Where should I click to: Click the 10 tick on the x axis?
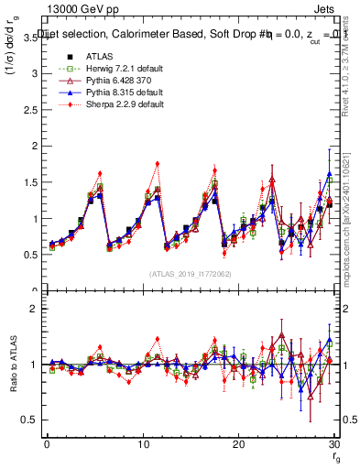tap(142, 444)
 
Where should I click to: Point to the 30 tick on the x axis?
tap(333, 444)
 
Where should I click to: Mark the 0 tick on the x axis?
tap(47, 444)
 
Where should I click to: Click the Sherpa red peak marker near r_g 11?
tap(158, 164)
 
